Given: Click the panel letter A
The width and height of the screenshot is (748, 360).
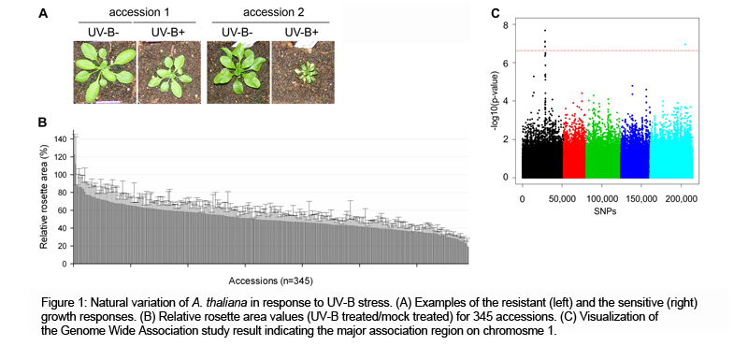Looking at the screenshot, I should [43, 13].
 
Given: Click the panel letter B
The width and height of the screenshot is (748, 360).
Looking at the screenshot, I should [43, 122].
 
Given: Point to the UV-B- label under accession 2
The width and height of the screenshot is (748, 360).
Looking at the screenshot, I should [237, 32].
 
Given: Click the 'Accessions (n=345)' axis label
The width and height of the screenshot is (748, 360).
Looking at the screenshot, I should [271, 279].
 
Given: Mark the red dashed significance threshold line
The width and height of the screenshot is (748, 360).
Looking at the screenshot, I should [608, 50].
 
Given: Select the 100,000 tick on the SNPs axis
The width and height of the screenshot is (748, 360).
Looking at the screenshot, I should [609, 198].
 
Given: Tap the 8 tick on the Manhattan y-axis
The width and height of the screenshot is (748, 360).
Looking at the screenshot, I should [506, 25].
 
